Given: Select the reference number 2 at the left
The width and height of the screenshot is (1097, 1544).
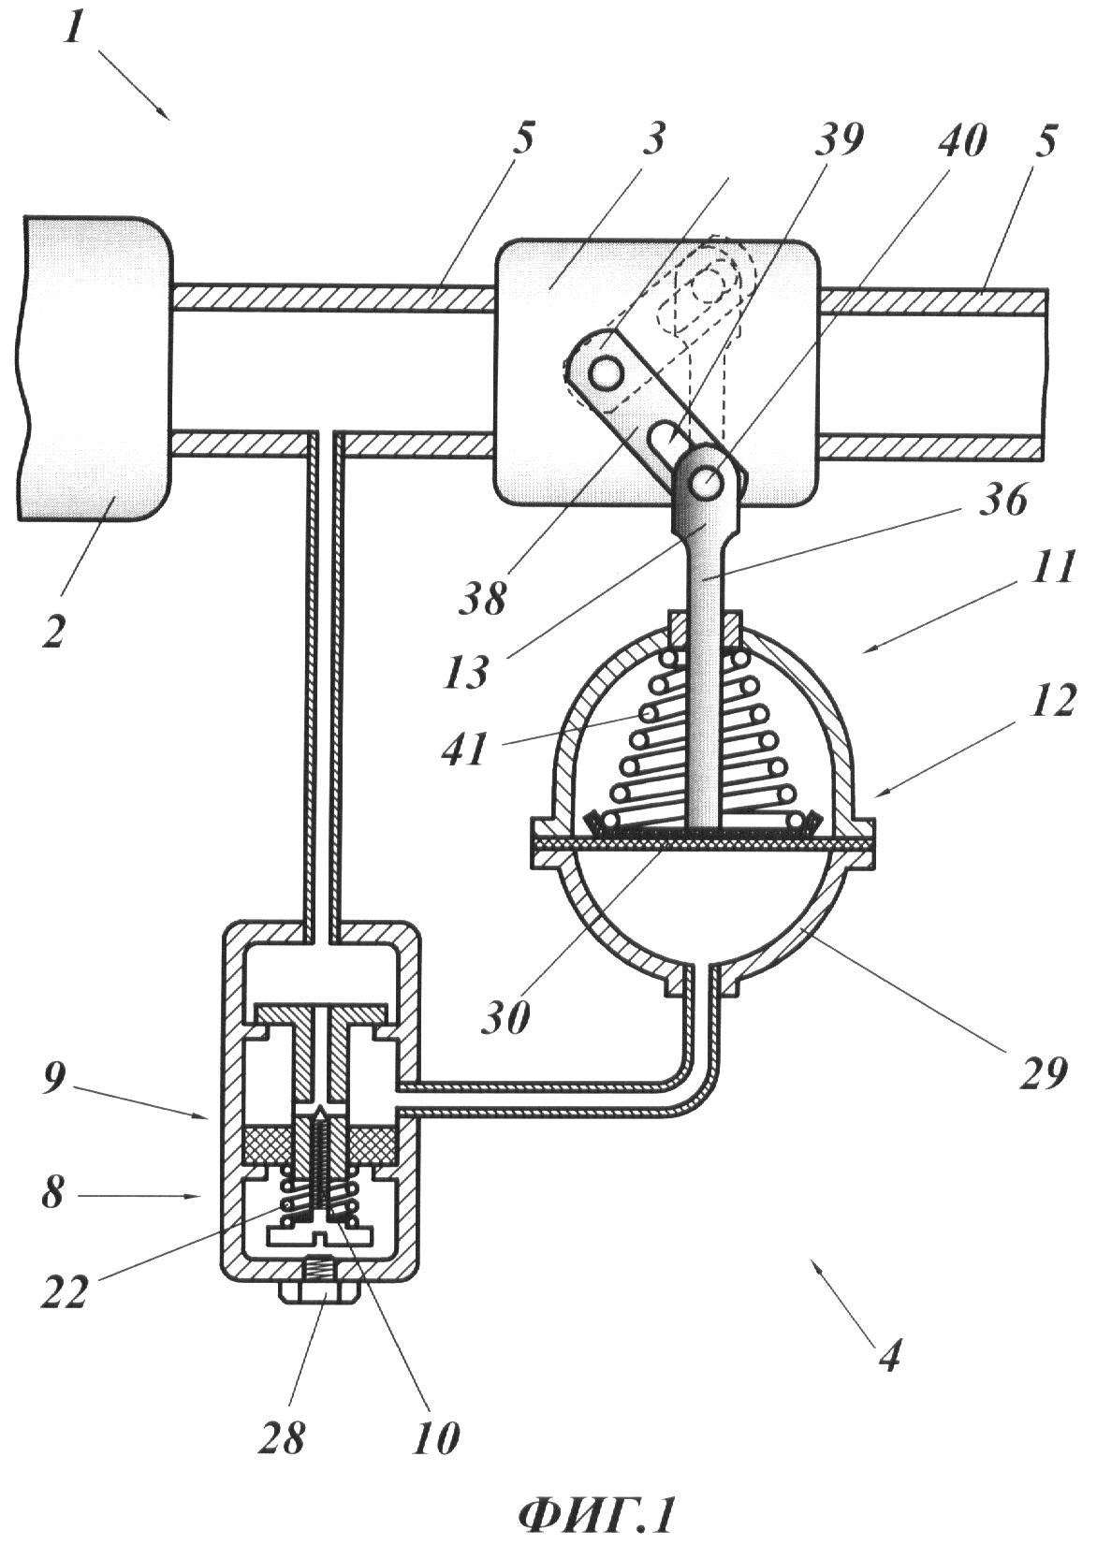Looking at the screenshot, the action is coord(53,625).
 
